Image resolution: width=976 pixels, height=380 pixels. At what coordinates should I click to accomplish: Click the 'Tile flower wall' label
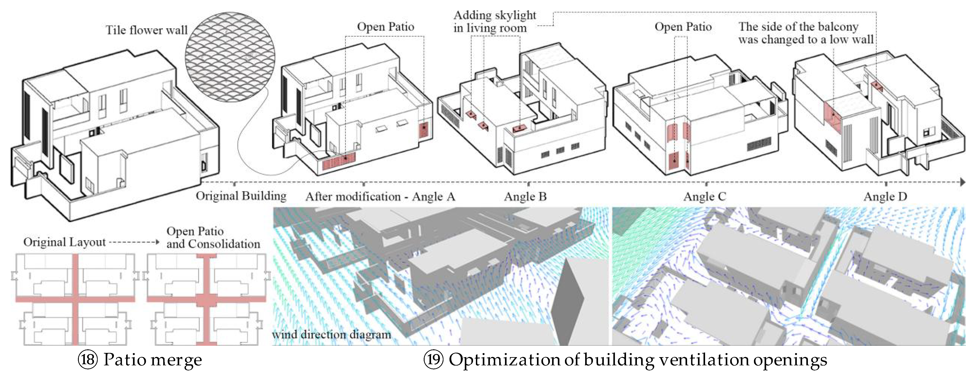pyautogui.click(x=146, y=30)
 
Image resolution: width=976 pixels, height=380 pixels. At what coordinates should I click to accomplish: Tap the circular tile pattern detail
pyautogui.click(x=230, y=57)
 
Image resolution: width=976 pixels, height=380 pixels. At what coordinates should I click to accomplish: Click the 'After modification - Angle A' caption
pyautogui.click(x=380, y=197)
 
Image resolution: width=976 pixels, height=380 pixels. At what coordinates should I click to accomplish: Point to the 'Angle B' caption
pyautogui.click(x=525, y=197)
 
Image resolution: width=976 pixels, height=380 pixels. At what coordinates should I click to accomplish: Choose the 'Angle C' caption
pyautogui.click(x=704, y=197)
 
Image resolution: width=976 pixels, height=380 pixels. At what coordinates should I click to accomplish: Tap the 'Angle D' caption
pyautogui.click(x=885, y=197)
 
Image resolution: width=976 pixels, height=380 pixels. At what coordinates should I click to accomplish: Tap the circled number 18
pyautogui.click(x=87, y=359)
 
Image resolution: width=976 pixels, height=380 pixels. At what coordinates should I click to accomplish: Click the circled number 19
pyautogui.click(x=433, y=359)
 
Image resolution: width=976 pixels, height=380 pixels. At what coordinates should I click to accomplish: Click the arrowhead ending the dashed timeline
pyautogui.click(x=963, y=182)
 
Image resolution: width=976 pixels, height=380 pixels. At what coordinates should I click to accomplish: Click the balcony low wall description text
pyautogui.click(x=805, y=33)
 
